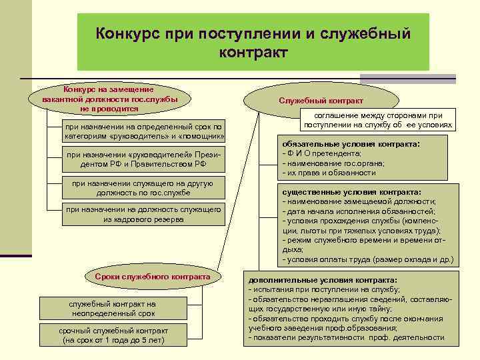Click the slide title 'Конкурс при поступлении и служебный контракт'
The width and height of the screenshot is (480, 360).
[x=253, y=41]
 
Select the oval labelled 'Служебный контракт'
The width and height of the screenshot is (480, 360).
[x=321, y=101]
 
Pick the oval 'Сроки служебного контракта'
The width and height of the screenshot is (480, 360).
[x=153, y=276]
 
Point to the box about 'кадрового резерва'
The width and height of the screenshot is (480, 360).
[x=144, y=214]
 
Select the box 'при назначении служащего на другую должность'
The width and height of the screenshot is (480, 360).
[x=144, y=188]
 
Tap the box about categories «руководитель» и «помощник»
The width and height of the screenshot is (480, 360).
[x=144, y=131]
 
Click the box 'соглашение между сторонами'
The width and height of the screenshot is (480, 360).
[x=378, y=120]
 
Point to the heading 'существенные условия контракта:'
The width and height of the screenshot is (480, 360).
[x=351, y=191]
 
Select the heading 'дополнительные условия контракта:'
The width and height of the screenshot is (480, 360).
[x=322, y=281]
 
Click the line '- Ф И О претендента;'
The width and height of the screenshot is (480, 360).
[x=323, y=153]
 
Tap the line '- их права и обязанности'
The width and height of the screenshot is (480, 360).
[x=329, y=172]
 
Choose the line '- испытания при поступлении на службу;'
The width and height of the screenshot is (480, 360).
[x=324, y=290]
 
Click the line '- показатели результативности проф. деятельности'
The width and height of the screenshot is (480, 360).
[x=347, y=338]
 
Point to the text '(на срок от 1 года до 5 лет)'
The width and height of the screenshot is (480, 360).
[x=112, y=340]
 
